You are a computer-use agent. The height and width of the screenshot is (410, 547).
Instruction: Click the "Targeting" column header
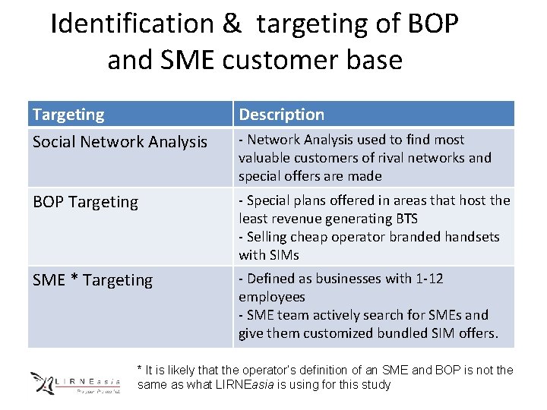coord(68,115)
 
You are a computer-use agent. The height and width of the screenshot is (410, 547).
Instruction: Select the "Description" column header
coord(281,115)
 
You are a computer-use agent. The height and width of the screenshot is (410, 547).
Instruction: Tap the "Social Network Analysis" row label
coord(119,142)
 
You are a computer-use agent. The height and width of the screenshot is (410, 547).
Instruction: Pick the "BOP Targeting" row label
coord(85,202)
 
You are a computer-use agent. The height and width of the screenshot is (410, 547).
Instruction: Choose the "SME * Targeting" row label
coord(92,280)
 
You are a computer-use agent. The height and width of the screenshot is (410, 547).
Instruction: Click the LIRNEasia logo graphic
coord(74,381)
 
